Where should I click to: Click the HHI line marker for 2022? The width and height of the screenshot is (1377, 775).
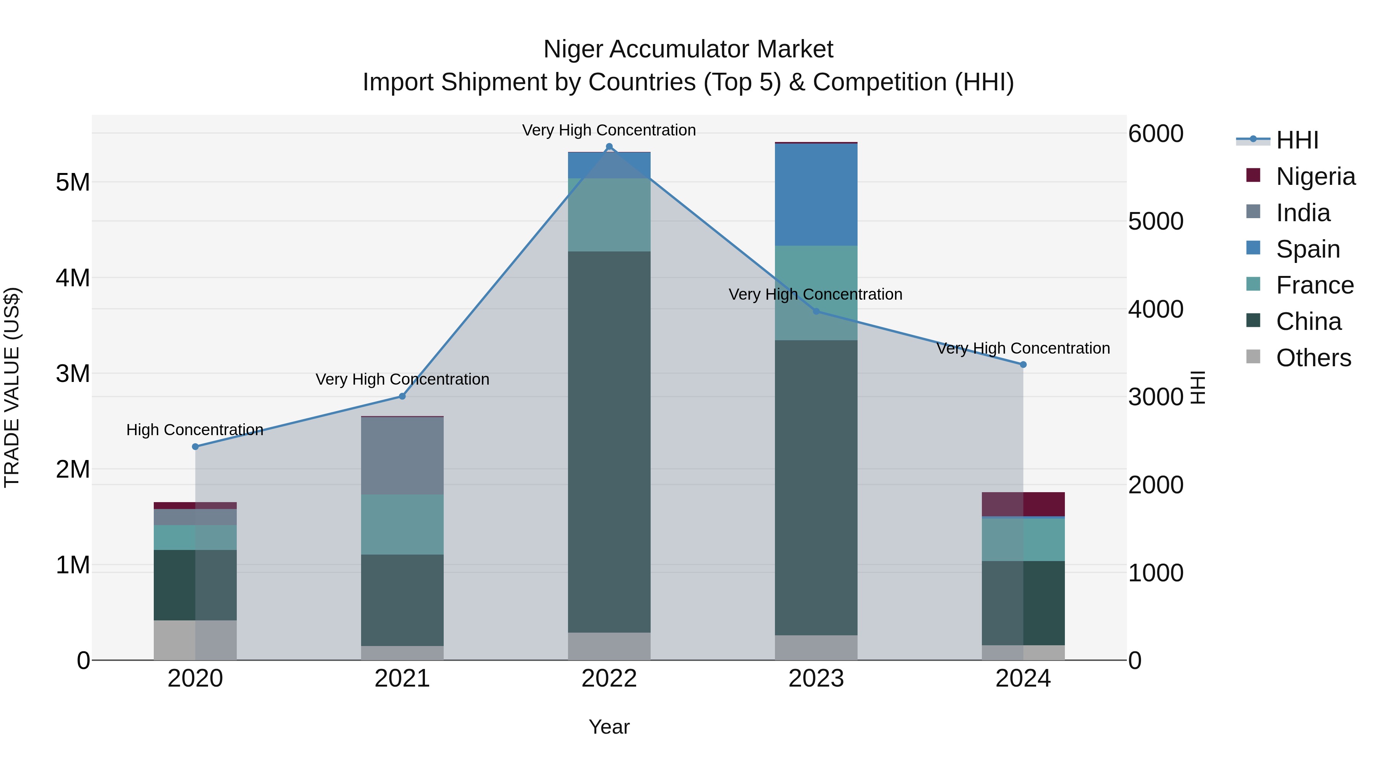609,147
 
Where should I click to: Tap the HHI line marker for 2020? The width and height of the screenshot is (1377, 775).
195,447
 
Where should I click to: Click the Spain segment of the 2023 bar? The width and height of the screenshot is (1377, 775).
816,195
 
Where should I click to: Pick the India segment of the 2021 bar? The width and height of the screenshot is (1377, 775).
402,456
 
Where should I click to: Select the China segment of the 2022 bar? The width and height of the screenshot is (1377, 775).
609,442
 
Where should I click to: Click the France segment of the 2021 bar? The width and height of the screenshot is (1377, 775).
402,524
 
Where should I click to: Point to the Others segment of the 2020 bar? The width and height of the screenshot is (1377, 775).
195,640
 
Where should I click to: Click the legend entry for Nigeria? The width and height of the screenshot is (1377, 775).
1315,176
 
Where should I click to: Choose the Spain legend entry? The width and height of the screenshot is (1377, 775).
1307,249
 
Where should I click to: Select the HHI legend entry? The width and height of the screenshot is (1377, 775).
1297,140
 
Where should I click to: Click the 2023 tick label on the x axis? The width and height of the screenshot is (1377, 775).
816,679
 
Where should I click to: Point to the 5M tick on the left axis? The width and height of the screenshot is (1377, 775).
73,183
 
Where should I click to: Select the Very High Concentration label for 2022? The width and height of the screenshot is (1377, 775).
609,130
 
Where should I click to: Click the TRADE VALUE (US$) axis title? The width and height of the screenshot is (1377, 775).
12,387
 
